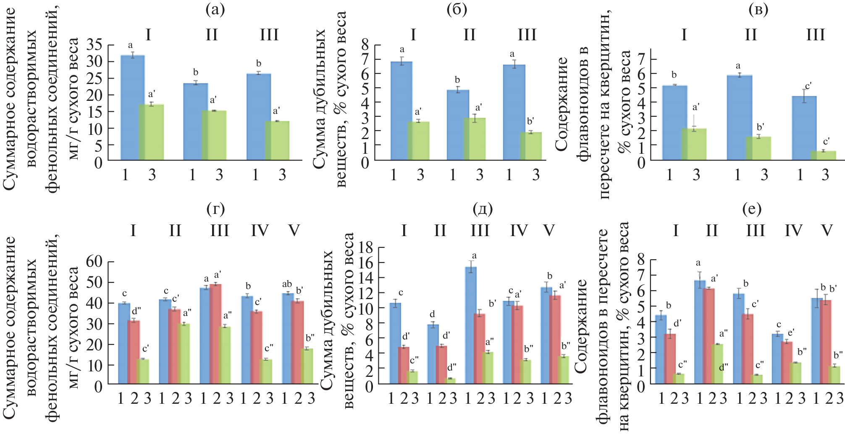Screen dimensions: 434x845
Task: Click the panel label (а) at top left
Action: coord(215,9)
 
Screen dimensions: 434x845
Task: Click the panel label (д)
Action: coord(483,208)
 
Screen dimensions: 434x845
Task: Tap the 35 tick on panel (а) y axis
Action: coord(95,45)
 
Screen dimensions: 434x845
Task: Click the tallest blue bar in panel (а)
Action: coord(133,108)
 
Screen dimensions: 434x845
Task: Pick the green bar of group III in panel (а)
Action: coord(279,140)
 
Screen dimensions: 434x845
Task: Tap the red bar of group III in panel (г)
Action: coord(216,334)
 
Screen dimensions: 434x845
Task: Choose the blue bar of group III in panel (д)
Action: coord(471,325)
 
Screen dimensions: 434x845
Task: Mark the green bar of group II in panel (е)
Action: coord(718,364)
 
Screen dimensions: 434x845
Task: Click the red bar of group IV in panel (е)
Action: coord(787,363)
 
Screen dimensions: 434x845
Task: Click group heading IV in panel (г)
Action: coord(260,230)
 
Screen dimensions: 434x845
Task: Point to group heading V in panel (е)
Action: coord(827,230)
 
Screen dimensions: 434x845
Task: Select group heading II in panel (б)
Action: coord(469,34)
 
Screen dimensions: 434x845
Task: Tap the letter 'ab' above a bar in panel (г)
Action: coord(287,284)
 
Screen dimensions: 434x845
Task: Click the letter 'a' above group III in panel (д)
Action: coord(474,255)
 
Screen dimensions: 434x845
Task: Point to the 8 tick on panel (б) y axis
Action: coord(365,45)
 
